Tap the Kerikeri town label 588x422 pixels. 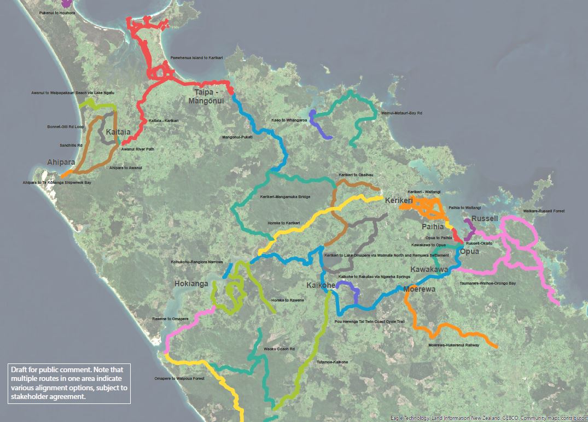(x=399, y=201)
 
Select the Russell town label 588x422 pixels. (x=485, y=218)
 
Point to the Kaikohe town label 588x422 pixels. (x=321, y=286)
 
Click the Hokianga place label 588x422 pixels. (x=191, y=284)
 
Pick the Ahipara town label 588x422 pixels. (x=61, y=163)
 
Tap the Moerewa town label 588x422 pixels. (x=420, y=289)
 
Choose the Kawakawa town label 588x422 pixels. (x=429, y=270)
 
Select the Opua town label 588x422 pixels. (x=469, y=252)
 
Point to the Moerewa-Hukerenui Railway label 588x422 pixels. (x=454, y=345)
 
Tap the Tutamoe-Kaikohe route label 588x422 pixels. (x=332, y=362)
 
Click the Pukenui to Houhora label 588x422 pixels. (x=57, y=12)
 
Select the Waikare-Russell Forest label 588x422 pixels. (x=543, y=211)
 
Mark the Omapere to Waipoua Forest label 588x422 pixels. (x=179, y=379)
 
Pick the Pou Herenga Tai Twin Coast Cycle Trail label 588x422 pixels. (x=369, y=322)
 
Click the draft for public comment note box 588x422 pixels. (x=69, y=383)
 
